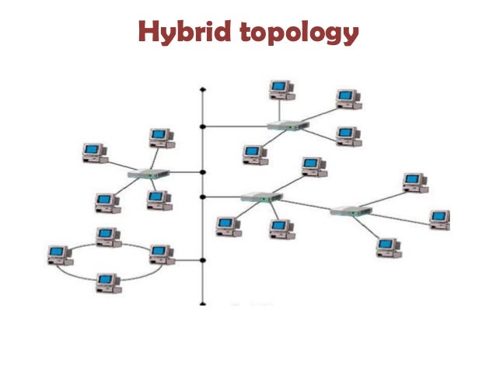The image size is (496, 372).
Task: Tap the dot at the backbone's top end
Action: pos(203,89)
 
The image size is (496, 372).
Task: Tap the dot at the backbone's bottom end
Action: pos(203,304)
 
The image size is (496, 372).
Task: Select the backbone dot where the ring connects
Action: pos(203,260)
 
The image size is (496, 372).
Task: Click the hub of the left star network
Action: pos(148,175)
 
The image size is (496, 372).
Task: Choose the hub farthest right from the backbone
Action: pos(351,210)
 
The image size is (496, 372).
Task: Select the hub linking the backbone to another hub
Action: pos(260,197)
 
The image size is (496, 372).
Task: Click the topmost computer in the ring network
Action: pos(107,236)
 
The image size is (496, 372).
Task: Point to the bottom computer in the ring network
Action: pos(107,283)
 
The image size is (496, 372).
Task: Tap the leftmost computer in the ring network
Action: pos(58,254)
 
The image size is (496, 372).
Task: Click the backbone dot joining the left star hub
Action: pos(203,172)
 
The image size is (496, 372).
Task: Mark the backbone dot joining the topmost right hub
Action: pos(203,126)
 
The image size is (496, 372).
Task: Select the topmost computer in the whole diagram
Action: pos(281,89)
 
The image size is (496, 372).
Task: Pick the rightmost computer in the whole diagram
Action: pos(440,219)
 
